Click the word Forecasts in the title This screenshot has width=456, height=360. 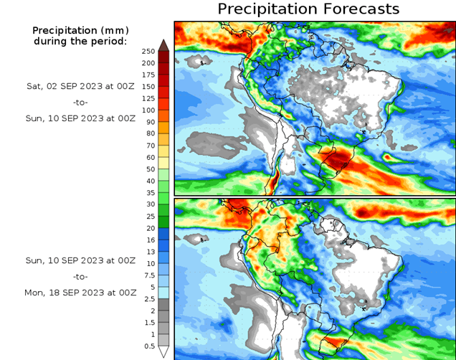tap(358, 9)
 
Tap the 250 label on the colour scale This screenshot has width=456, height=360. tap(148, 51)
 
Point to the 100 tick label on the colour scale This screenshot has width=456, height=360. tap(148, 110)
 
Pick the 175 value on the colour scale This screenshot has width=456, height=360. tap(148, 75)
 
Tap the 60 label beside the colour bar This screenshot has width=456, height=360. tap(151, 157)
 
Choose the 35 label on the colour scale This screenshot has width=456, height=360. tap(151, 192)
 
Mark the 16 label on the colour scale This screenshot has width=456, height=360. tap(151, 240)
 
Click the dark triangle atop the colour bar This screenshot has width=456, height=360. tap(163, 44)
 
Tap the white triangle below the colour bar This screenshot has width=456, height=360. tap(163, 352)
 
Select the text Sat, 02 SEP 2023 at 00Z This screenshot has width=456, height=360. tap(80, 86)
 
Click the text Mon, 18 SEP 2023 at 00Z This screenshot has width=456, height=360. tap(80, 293)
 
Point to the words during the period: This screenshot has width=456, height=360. tap(80, 41)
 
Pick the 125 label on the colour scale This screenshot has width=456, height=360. tap(148, 98)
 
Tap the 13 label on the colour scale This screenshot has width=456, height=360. tap(151, 251)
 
